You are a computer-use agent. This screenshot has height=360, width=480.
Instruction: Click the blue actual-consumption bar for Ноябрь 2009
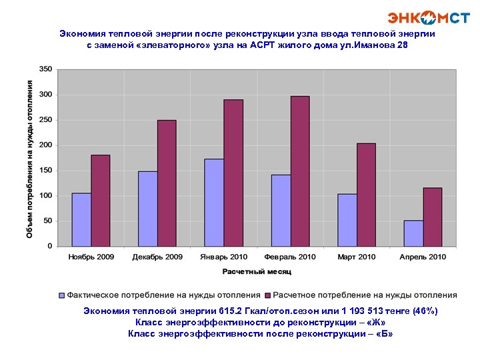click(81, 219)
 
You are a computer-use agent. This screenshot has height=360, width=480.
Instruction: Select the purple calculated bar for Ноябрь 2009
click(101, 201)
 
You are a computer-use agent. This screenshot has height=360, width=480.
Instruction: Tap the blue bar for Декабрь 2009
click(148, 209)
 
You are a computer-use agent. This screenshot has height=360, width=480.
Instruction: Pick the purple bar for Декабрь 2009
click(167, 183)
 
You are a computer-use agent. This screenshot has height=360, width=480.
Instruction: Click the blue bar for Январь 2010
click(214, 202)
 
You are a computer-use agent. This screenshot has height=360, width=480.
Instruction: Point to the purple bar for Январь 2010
click(233, 173)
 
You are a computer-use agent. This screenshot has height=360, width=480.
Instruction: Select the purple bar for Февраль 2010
click(300, 171)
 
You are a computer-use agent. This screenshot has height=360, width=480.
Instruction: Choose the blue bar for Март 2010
click(347, 220)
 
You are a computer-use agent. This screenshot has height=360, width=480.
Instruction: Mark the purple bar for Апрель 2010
click(433, 217)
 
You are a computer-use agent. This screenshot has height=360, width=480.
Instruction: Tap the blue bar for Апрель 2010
click(413, 233)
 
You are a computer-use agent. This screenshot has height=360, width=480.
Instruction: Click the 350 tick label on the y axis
click(45, 69)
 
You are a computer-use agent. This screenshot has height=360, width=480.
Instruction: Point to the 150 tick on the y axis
click(45, 171)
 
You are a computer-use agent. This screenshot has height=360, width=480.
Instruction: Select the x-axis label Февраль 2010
click(290, 257)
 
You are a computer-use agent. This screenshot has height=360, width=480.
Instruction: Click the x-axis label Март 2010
click(357, 257)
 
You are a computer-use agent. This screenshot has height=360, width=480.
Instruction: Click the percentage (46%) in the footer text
click(425, 311)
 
